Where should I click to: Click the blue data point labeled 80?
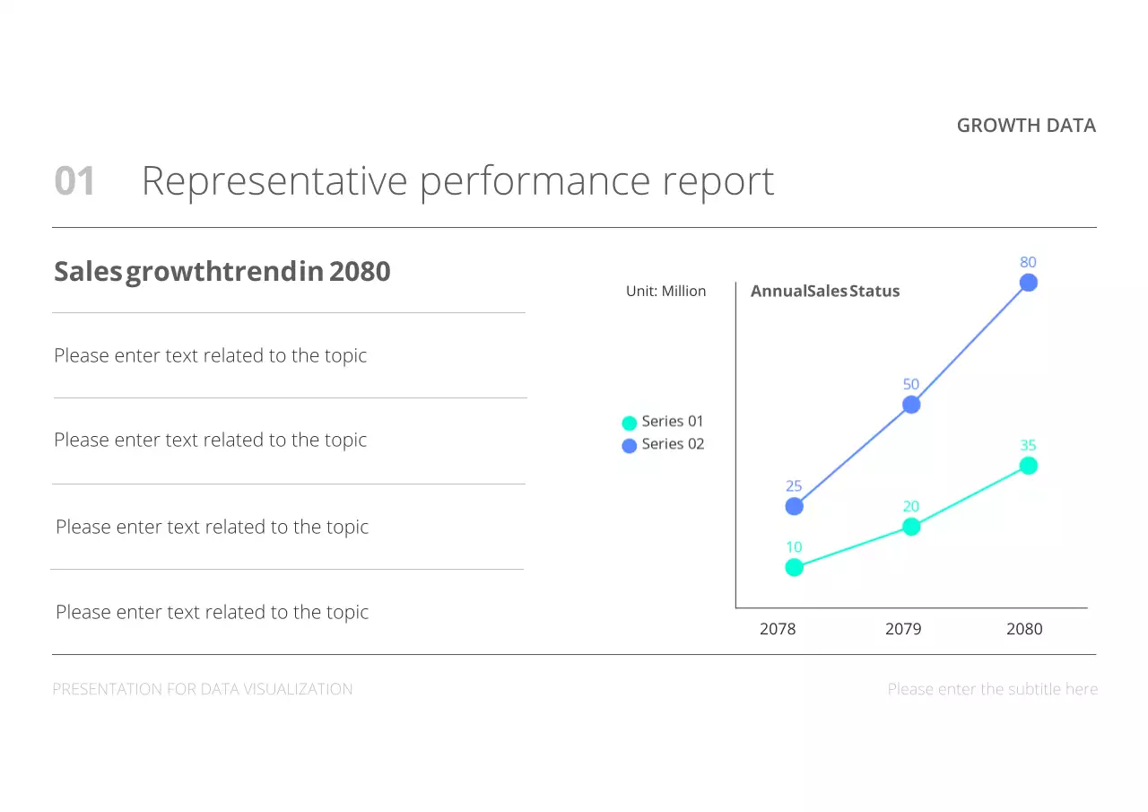tap(1028, 283)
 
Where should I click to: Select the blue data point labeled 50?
tap(910, 405)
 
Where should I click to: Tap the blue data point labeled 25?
tap(794, 506)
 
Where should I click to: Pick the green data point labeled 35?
tap(1028, 466)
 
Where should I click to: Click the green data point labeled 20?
tap(910, 527)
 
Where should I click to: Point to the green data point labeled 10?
tap(794, 567)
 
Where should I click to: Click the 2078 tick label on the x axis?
tap(778, 629)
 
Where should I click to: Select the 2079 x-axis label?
tap(902, 629)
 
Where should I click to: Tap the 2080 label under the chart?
tap(1024, 629)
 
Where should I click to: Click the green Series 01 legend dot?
tap(630, 423)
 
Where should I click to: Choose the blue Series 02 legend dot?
tap(630, 445)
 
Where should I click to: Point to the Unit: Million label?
tap(665, 292)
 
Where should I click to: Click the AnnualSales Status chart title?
tap(824, 292)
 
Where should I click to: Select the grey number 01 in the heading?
tap(74, 181)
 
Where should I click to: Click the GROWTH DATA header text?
tap(1026, 126)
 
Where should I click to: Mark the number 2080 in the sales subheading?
tap(360, 271)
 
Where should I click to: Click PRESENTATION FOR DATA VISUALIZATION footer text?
tap(203, 689)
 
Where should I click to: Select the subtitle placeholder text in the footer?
tap(992, 689)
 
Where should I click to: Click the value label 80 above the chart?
tap(1028, 262)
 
